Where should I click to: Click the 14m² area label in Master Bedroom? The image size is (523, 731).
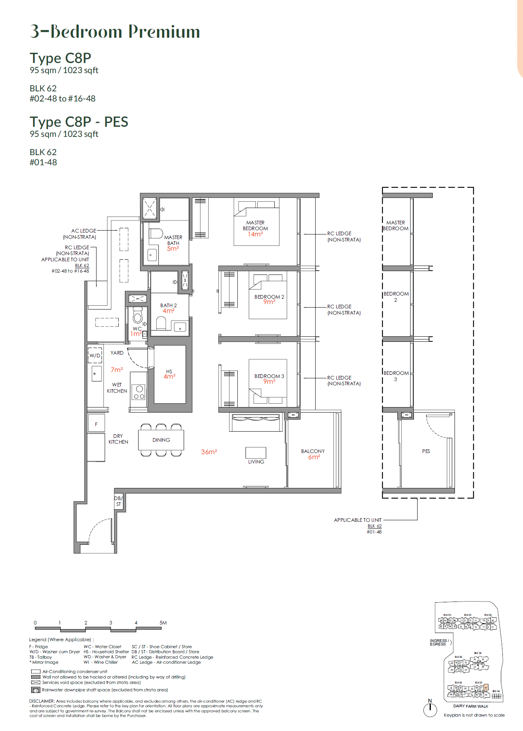pos(255,234)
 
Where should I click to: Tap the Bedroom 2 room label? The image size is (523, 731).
pos(269,297)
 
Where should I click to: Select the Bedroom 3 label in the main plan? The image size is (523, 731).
pos(269,376)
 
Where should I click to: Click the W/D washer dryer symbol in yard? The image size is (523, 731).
pos(95,355)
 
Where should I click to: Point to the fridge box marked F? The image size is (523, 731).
pos(96,424)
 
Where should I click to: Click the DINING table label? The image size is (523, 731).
pos(161,440)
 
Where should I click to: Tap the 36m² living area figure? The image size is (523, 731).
pos(209,452)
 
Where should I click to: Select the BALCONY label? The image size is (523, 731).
pos(312,451)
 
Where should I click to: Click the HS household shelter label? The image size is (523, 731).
pos(169,371)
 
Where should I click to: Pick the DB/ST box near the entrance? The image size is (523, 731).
pos(118,501)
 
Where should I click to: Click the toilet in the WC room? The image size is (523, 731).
pos(137,315)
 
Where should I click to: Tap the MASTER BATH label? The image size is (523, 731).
pos(173,240)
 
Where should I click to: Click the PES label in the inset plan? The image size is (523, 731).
pos(426,451)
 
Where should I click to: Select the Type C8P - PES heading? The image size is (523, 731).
pos(79,122)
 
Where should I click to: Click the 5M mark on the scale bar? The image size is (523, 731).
pos(163,623)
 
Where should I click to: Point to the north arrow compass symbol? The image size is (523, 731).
pos(430,708)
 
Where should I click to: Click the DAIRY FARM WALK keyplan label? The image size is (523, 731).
pos(470,706)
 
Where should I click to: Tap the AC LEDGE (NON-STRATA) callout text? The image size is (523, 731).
pos(80,234)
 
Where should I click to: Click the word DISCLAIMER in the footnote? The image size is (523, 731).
pos(42,701)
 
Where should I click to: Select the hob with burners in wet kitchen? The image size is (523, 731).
pos(139,392)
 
